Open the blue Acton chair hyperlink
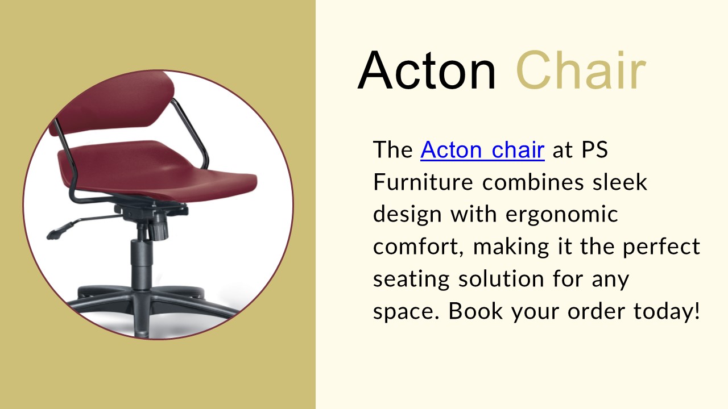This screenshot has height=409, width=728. tap(482, 150)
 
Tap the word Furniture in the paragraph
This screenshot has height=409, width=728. tap(423, 182)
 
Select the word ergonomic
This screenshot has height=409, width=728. tap(561, 215)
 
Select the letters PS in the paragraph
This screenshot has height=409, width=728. tap(594, 150)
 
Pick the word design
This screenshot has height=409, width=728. tap(407, 215)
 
